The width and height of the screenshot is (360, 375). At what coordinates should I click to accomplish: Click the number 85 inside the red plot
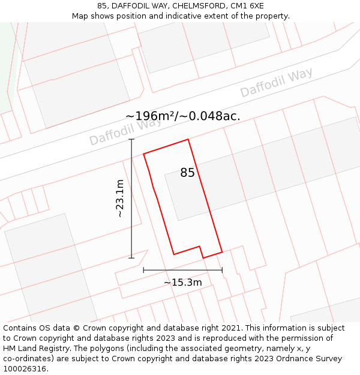[187, 173]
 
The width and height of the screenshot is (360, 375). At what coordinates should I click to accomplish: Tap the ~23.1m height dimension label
[120, 199]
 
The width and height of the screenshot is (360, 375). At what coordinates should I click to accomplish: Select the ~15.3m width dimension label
[182, 282]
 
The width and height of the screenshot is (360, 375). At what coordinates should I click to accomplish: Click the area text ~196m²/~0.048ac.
[182, 116]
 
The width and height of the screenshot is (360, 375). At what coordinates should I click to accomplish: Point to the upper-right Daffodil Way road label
[276, 83]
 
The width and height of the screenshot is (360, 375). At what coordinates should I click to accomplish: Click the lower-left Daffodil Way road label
[125, 132]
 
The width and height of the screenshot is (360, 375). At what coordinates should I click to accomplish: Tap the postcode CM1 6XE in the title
[248, 6]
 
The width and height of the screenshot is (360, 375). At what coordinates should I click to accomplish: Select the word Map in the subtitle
[80, 16]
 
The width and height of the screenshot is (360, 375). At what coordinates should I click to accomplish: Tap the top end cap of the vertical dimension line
[131, 139]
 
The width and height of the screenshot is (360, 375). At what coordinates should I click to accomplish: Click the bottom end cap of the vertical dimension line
[131, 258]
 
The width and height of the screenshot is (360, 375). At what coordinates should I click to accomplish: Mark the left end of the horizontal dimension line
[143, 270]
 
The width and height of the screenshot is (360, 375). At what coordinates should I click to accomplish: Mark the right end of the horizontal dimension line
[222, 270]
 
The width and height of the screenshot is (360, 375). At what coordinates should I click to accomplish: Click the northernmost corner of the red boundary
[188, 139]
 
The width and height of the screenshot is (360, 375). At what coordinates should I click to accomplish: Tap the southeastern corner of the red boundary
[222, 251]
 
